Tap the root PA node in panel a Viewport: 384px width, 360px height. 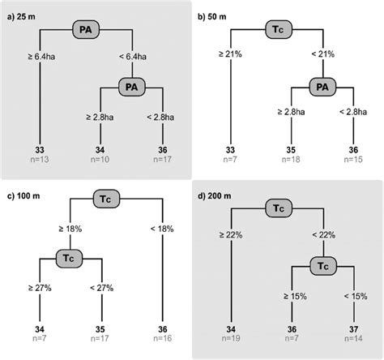pyautogui.click(x=86, y=29)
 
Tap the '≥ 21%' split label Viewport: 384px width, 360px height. pyautogui.click(x=232, y=56)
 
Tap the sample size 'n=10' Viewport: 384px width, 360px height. pyautogui.click(x=100, y=161)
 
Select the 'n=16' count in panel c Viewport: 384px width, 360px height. pyautogui.click(x=164, y=341)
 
